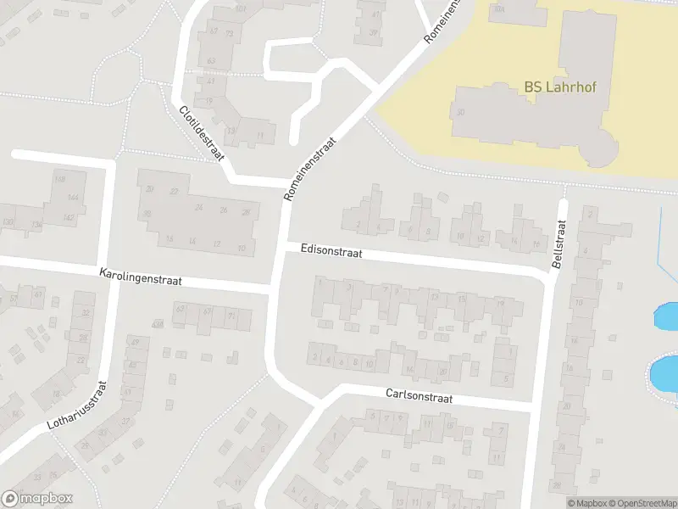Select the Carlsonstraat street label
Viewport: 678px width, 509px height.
click(x=419, y=396)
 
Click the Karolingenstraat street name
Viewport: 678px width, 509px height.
click(x=140, y=277)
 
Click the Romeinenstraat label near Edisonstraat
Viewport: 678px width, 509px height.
click(x=311, y=169)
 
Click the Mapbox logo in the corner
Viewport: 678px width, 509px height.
click(x=36, y=499)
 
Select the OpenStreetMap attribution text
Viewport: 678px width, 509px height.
click(x=641, y=503)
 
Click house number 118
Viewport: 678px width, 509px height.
click(x=59, y=179)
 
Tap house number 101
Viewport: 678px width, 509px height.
click(x=241, y=9)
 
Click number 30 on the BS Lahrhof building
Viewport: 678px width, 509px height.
click(x=460, y=112)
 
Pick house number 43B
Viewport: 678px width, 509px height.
click(x=156, y=324)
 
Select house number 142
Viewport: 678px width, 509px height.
click(x=69, y=219)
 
